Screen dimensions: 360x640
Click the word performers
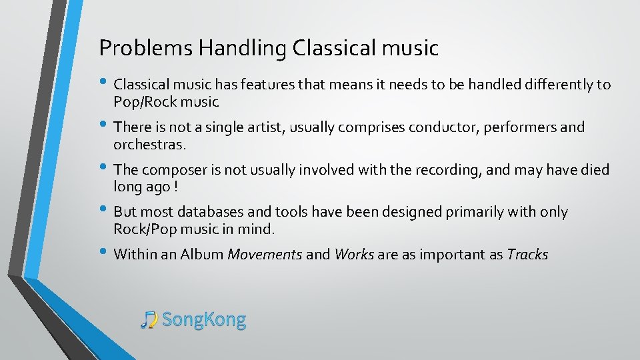tap(511, 127)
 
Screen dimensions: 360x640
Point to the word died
tap(595, 169)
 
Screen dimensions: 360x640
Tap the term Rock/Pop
tap(143, 229)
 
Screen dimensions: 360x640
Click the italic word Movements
tap(265, 254)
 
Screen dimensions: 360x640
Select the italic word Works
tap(354, 254)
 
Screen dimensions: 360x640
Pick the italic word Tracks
tap(527, 254)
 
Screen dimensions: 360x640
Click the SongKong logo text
tap(204, 320)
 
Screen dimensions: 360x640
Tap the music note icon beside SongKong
tap(149, 320)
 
